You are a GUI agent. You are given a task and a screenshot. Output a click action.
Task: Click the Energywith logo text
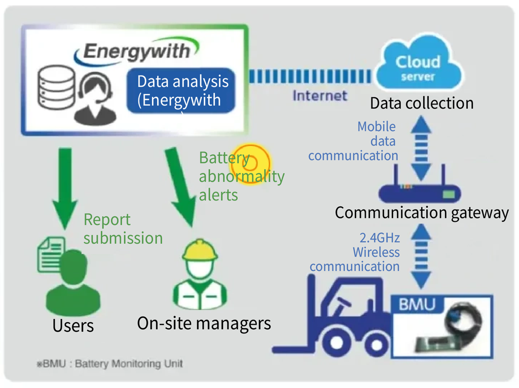coord(136,51)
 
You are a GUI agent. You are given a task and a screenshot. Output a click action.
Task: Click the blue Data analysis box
coord(181,90)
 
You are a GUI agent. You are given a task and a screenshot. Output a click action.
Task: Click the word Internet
coord(320,95)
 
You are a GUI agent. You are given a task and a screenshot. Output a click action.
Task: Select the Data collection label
coord(422,103)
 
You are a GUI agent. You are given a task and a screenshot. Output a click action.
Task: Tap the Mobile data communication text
coord(354,141)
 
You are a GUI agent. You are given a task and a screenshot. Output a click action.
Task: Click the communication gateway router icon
coord(420,193)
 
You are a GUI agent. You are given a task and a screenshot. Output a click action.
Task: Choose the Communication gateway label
coord(421,213)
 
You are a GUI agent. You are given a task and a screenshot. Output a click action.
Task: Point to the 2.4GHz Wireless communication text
coord(355,252)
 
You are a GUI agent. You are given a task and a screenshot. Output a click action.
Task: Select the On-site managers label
coord(204,323)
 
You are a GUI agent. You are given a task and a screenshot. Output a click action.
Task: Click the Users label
coord(73,326)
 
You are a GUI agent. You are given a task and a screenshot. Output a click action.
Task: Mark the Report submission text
coord(123,229)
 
